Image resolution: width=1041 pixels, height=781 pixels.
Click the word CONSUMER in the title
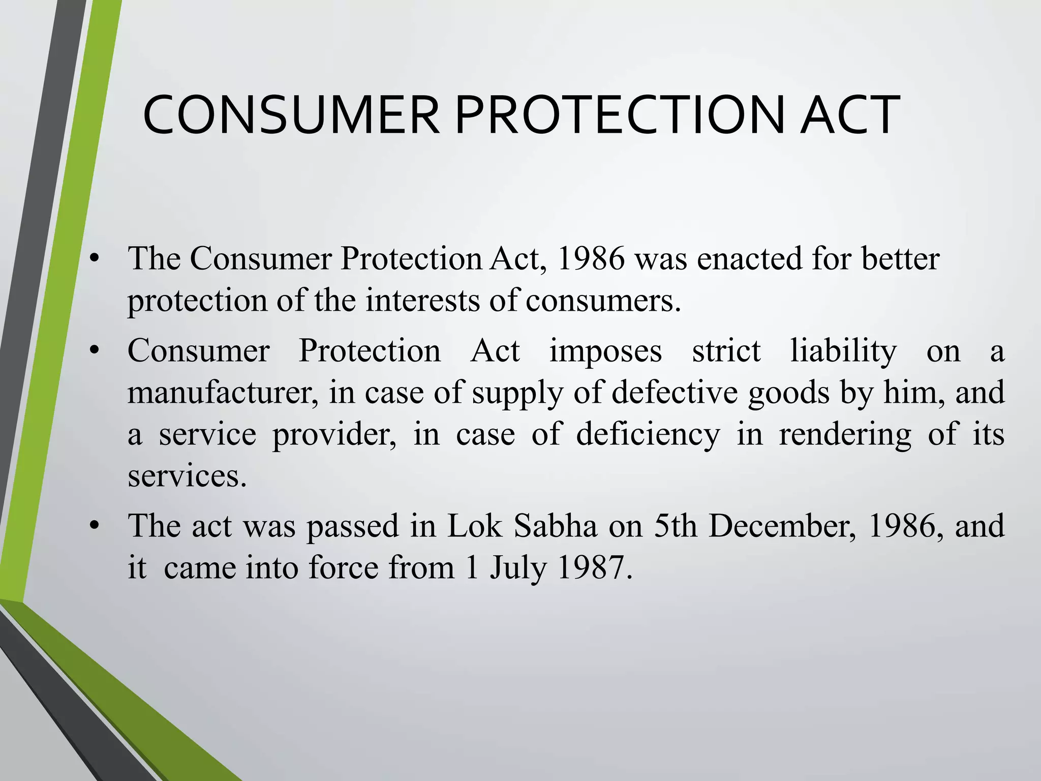291,116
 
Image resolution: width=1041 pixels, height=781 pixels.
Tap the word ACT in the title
849,116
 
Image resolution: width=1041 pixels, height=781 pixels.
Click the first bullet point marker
93,260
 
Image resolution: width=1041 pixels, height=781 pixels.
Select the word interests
422,301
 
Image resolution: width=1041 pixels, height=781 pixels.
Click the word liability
843,351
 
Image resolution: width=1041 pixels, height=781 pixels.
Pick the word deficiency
648,435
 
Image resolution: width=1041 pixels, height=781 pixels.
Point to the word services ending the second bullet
187,476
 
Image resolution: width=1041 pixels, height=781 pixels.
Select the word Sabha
555,526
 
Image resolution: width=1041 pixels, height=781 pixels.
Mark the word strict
726,351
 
